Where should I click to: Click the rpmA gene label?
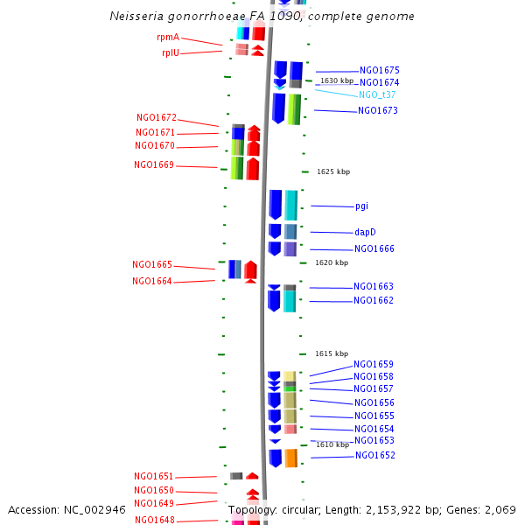[x=168, y=37]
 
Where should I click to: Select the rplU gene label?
[x=171, y=52]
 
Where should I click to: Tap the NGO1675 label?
[x=380, y=70]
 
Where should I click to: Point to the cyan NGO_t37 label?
[x=377, y=94]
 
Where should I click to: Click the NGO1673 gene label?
[x=378, y=110]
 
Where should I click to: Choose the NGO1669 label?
[x=154, y=164]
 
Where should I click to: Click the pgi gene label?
[x=361, y=206]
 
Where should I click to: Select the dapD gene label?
[x=365, y=232]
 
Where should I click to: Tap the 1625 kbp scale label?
[x=333, y=171]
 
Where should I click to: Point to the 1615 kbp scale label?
[x=332, y=353]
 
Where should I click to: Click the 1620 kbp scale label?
[x=332, y=262]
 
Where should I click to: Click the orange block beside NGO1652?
[x=291, y=458]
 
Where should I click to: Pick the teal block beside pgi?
[x=291, y=206]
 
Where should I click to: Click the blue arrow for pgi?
[x=276, y=205]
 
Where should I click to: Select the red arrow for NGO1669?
[x=253, y=169]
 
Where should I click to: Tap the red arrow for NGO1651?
[x=252, y=476]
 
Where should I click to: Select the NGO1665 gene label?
[x=152, y=264]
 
